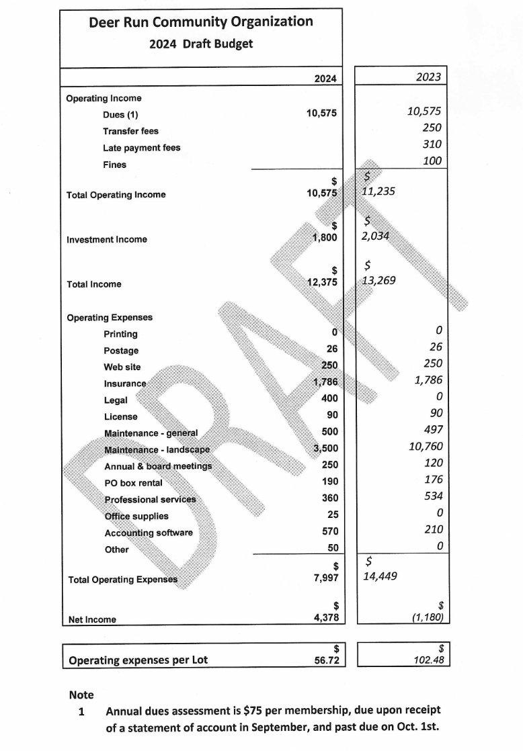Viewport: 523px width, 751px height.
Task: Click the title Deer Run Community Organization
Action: [201, 21]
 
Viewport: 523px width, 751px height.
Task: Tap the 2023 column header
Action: [428, 77]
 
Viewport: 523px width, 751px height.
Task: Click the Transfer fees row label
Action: [130, 131]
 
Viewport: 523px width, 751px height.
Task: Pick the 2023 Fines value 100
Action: [432, 161]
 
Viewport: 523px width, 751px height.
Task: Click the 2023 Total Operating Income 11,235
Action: [378, 191]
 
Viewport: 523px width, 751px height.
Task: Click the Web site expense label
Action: [122, 367]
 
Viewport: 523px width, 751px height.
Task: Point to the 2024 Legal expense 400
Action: [329, 398]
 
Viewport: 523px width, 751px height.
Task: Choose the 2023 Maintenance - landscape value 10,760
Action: [426, 447]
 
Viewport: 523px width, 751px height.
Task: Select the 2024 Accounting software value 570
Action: [329, 531]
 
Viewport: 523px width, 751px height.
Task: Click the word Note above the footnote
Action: [81, 695]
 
